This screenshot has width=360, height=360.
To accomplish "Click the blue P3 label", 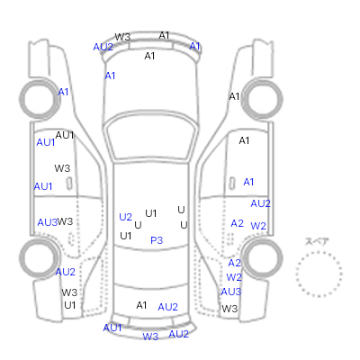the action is pyautogui.click(x=157, y=240).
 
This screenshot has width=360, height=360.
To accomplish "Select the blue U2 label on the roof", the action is pyautogui.click(x=125, y=217).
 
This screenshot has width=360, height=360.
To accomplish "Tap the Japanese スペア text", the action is pyautogui.click(x=317, y=241).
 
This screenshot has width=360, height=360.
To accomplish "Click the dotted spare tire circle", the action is pyautogui.click(x=319, y=252).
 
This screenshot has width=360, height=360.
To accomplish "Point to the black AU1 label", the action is pyautogui.click(x=65, y=135).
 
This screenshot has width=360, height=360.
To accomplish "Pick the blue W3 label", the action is pyautogui.click(x=150, y=337).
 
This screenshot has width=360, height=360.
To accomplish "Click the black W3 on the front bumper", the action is pyautogui.click(x=122, y=37).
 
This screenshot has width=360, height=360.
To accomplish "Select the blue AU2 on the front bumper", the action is pyautogui.click(x=103, y=47).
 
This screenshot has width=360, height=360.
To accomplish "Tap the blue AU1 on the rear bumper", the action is pyautogui.click(x=112, y=328).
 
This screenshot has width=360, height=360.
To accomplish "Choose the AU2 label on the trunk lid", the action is pyautogui.click(x=167, y=307).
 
